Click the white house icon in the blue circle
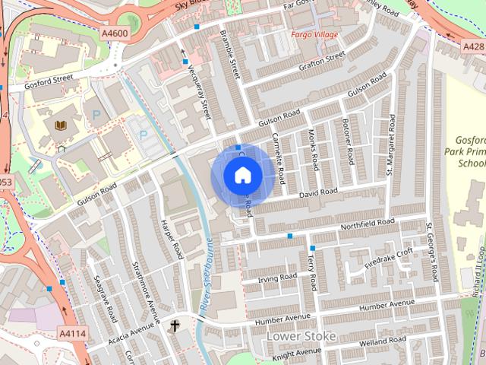pos(241,176)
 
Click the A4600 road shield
pos(114,33)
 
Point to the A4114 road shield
pos(72,332)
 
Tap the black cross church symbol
pos(175,325)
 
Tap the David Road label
pos(317,195)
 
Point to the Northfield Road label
pos(368,224)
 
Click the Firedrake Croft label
pos(389,258)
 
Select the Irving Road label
pos(277,278)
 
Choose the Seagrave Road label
pos(103,299)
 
